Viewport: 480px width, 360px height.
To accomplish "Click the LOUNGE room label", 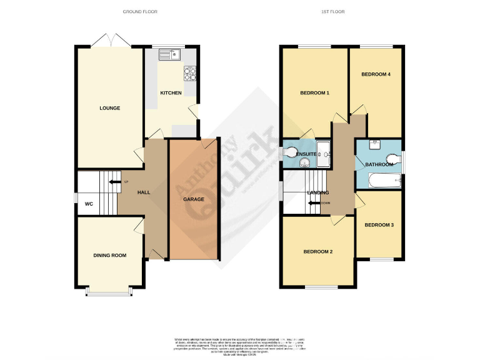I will point(109,108).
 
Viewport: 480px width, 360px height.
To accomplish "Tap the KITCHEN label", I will point(171,93).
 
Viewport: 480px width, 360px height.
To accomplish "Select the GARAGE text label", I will point(194,199).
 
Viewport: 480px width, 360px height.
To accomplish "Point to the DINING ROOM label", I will point(109,255).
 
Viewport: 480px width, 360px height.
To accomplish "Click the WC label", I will point(89,204).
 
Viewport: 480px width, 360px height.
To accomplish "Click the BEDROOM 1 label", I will point(314,93).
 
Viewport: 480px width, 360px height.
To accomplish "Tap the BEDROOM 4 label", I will point(376,74).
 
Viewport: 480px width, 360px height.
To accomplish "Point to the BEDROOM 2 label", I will point(317,252).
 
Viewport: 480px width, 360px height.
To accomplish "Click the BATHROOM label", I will point(379,164).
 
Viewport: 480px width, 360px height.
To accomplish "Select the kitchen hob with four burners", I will point(189,74).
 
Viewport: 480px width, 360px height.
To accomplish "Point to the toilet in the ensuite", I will point(291,152).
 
